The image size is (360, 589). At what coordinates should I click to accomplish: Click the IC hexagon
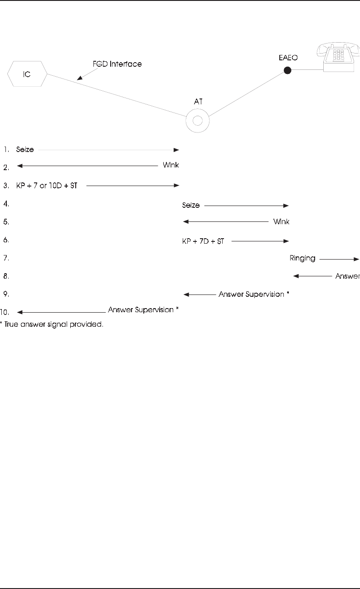coord(27,74)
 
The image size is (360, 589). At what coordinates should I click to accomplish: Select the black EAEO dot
coord(287,70)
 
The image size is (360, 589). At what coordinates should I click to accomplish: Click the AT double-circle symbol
coord(197,121)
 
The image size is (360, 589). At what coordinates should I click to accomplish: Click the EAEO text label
coord(288,59)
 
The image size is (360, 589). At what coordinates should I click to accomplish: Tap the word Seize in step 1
coord(25,149)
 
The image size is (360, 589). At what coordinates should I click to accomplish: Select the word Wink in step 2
coord(171,166)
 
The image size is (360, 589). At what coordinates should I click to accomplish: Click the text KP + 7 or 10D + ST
coord(49,185)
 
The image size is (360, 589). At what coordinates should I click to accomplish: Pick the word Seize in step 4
coord(191,206)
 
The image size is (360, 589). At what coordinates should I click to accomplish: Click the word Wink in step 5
coord(281,222)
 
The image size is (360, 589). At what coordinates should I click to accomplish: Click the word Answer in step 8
coord(347,276)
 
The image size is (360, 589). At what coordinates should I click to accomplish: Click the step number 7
coord(5,258)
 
